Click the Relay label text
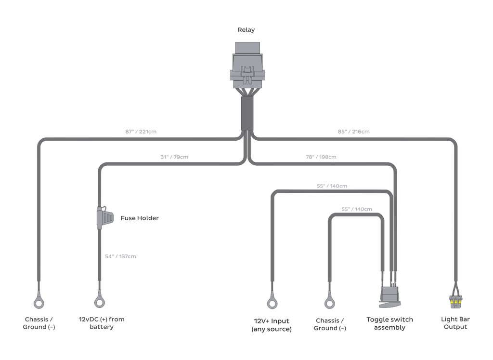coord(246,30)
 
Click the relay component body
coord(247,66)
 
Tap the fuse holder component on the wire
coord(104,217)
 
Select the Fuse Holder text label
coord(140,218)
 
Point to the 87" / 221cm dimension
coord(141,132)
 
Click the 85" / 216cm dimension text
coord(354,132)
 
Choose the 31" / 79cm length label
coord(174,157)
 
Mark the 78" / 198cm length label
coord(321,157)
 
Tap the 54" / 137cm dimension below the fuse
coord(120,256)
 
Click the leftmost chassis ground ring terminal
coord(39,303)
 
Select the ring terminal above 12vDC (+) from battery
coord(100,302)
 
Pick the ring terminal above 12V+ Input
coord(272,303)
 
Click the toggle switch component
coord(390,296)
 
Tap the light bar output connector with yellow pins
coord(455,302)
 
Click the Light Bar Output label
coord(455,323)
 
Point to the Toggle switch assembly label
coord(389,323)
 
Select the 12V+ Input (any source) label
coord(272,325)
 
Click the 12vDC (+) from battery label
coord(102,323)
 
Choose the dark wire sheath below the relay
coord(247,113)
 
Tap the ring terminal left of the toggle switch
coord(330,303)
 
